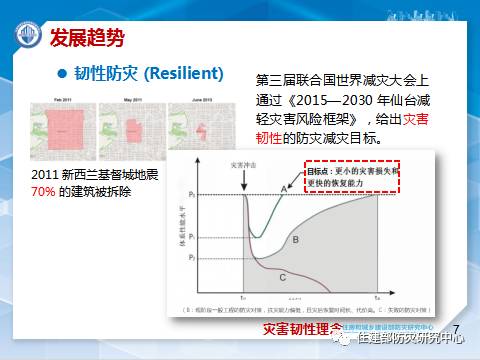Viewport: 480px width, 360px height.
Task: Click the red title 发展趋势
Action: coord(87,38)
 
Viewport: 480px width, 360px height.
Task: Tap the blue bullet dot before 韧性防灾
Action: coord(62,74)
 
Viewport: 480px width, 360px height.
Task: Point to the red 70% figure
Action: coord(46,190)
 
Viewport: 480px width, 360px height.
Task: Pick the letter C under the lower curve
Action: coord(283,275)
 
